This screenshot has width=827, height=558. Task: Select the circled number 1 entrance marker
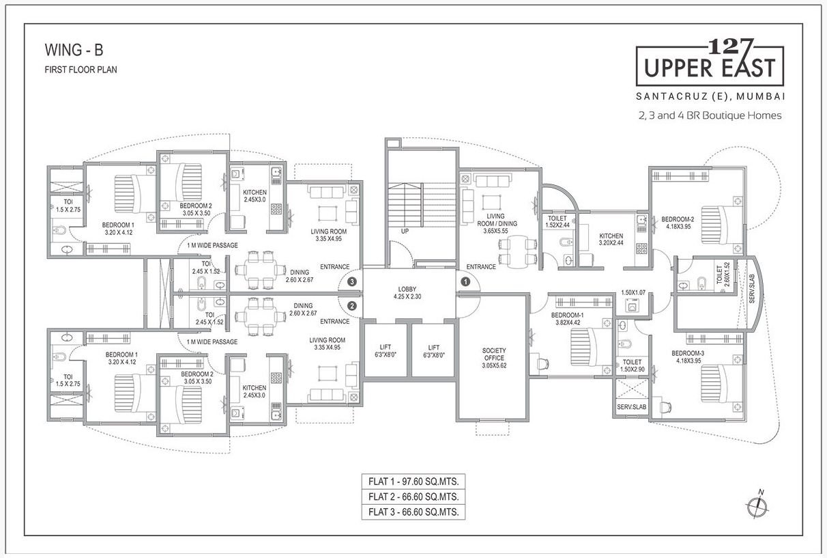point(465,281)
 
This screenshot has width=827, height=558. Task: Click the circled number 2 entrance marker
point(352,306)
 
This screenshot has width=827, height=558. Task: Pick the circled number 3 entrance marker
point(352,281)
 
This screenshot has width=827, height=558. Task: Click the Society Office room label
point(493,358)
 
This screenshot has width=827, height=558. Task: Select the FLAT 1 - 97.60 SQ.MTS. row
point(413,482)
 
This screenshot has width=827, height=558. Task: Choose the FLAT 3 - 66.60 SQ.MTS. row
point(413,512)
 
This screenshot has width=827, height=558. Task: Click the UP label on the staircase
point(405,232)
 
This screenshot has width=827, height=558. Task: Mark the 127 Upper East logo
point(710,63)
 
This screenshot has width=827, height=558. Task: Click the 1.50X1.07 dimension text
point(633,294)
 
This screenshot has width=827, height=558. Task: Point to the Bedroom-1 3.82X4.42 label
point(567,318)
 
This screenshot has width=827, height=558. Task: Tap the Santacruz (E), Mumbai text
point(710,95)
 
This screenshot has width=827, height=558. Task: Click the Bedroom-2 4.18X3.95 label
point(678,223)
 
